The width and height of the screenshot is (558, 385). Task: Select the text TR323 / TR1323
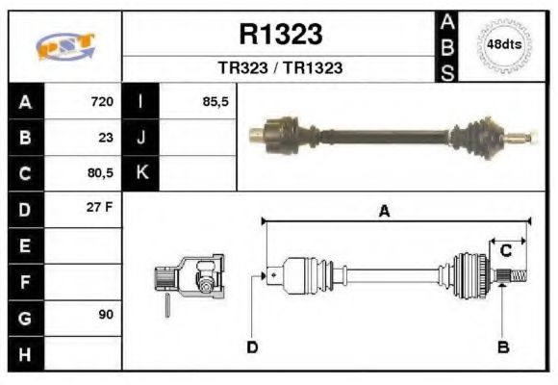(x=280, y=68)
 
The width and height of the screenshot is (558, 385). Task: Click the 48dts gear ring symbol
(x=505, y=45)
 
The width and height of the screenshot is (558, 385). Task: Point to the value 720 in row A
(x=101, y=101)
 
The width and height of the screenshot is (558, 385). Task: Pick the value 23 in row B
(x=106, y=138)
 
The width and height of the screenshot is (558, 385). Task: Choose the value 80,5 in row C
(x=99, y=174)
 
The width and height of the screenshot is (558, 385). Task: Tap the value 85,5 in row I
(x=216, y=101)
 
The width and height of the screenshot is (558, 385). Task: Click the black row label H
(x=25, y=353)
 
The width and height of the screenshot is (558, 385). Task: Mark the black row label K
(x=141, y=174)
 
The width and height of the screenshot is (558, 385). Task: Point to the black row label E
(x=25, y=245)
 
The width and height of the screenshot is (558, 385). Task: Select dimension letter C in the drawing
(x=505, y=251)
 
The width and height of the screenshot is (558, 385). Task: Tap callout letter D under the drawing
(x=251, y=346)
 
